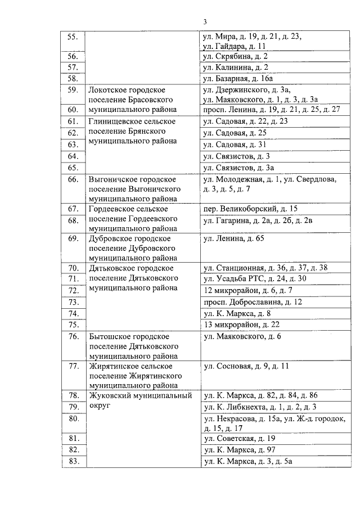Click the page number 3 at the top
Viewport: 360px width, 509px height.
point(205,22)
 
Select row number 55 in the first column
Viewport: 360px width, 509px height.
point(72,37)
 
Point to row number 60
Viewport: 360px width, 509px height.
point(72,109)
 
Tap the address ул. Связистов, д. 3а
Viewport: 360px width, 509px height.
point(238,167)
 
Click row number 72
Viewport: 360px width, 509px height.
point(72,290)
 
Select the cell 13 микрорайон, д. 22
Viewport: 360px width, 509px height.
point(241,325)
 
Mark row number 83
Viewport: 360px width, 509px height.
point(72,461)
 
